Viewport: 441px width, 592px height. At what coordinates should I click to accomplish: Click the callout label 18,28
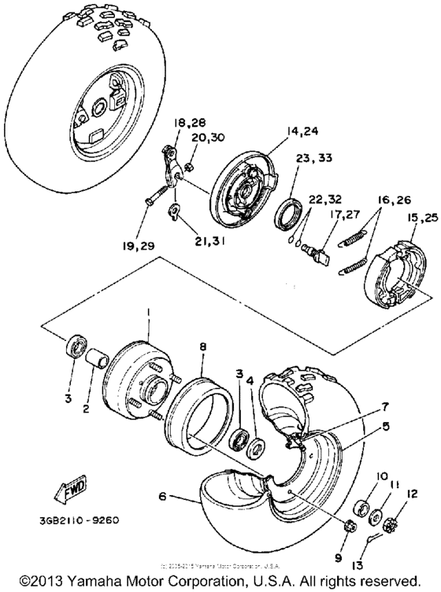click(187, 124)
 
